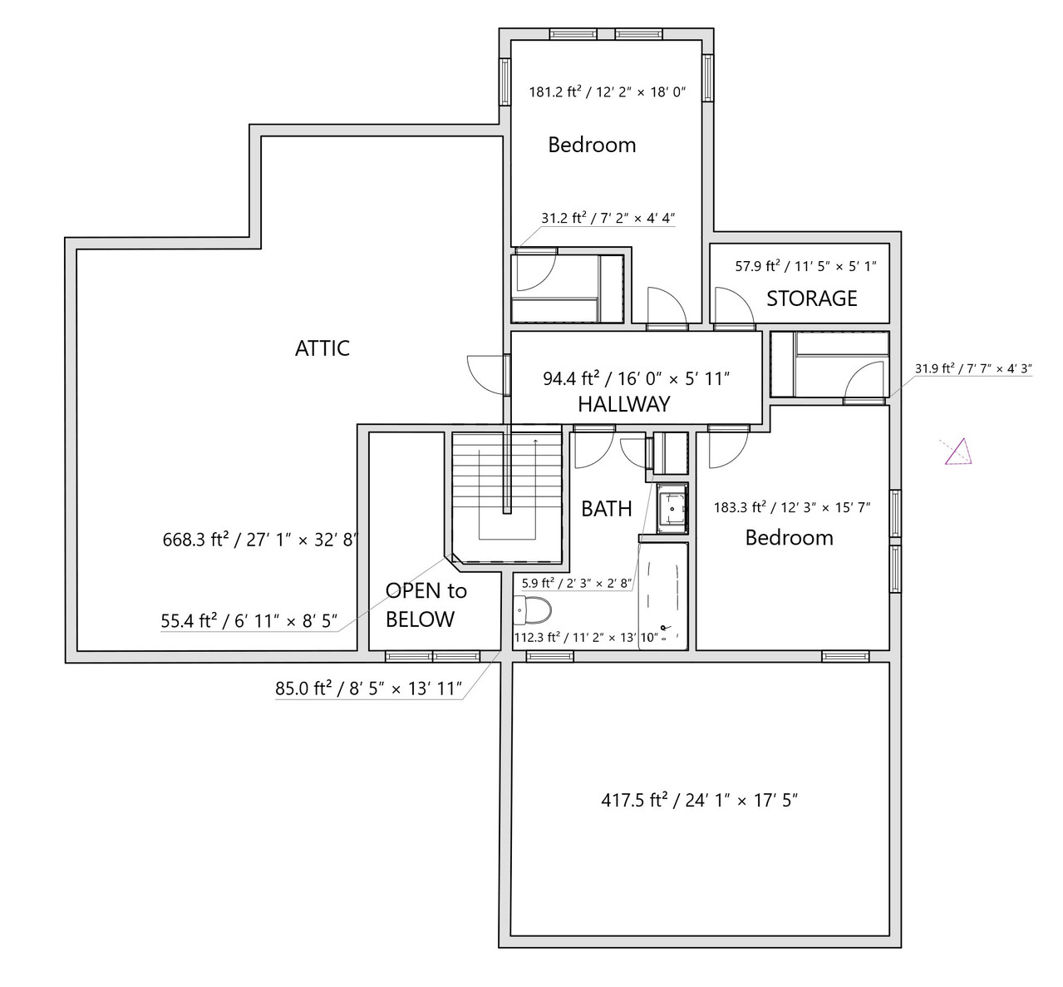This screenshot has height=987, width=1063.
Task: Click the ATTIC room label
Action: pyautogui.click(x=322, y=348)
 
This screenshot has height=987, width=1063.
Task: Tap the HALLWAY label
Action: pyautogui.click(x=623, y=404)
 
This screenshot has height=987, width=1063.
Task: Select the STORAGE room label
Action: pyautogui.click(x=811, y=299)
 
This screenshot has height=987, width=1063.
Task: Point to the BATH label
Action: pyautogui.click(x=607, y=509)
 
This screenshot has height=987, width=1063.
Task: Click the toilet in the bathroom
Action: pyautogui.click(x=533, y=610)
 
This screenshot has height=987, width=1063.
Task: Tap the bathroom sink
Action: pyautogui.click(x=672, y=508)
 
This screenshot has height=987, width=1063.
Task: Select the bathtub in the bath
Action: pyautogui.click(x=662, y=596)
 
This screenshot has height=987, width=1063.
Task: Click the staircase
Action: pyautogui.click(x=506, y=496)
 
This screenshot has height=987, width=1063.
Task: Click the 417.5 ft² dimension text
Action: pyautogui.click(x=699, y=801)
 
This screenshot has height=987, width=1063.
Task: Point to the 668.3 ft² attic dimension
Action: pyautogui.click(x=259, y=540)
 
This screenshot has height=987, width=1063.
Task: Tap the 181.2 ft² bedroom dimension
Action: pyautogui.click(x=607, y=92)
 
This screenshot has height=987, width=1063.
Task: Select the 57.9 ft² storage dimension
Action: pyautogui.click(x=805, y=266)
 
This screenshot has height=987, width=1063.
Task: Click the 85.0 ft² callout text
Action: pyautogui.click(x=368, y=688)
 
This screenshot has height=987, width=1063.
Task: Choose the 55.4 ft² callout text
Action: pyautogui.click(x=249, y=620)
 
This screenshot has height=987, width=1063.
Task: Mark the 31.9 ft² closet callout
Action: pyautogui.click(x=973, y=368)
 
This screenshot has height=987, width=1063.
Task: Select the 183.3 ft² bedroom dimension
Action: pyautogui.click(x=792, y=507)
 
